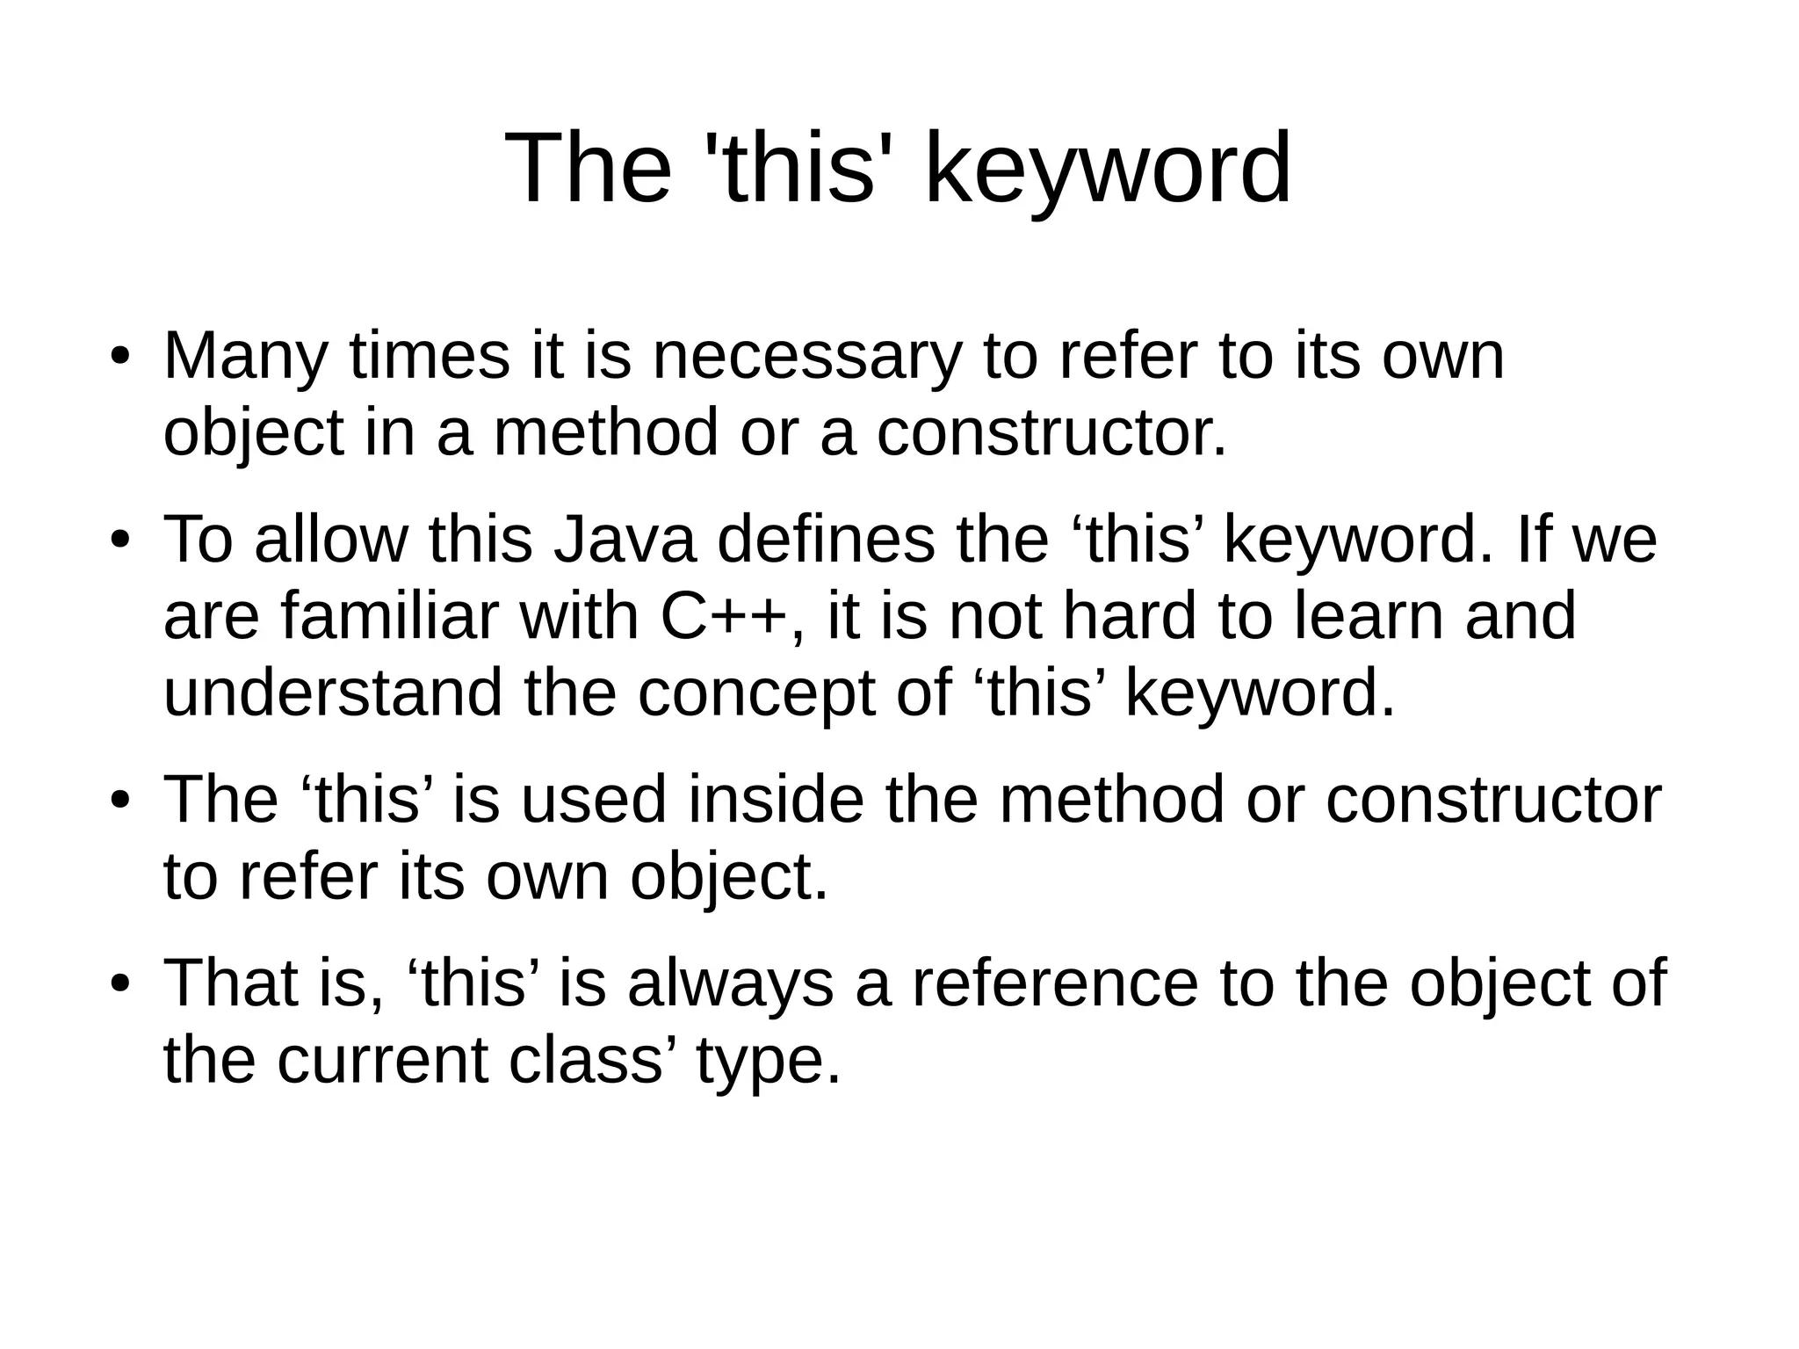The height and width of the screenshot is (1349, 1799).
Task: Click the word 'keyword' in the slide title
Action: [1108, 169]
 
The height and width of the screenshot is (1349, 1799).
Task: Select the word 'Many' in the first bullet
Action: [245, 357]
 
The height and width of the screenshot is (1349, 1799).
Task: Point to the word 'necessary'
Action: [806, 357]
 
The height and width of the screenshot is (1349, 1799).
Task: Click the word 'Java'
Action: [625, 540]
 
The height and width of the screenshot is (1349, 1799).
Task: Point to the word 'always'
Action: [730, 983]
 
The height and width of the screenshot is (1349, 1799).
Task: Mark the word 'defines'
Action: [826, 540]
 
